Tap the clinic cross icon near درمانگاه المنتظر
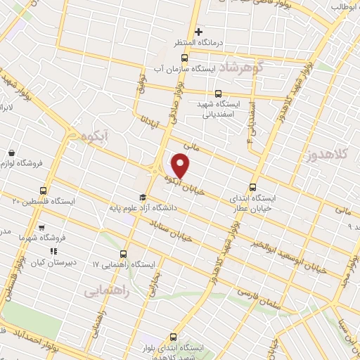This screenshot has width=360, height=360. [199, 32]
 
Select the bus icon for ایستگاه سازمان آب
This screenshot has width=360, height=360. [184, 58]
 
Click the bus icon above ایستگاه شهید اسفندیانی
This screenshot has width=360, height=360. [217, 93]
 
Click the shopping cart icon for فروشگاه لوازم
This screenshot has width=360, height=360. [11, 153]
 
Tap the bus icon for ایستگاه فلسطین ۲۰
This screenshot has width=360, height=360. [44, 190]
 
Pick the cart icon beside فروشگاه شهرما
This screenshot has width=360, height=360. [41, 227]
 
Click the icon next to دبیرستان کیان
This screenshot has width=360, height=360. [53, 250]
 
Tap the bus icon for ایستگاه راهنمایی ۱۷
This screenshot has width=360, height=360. [124, 253]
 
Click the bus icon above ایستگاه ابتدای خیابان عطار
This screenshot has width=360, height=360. [252, 188]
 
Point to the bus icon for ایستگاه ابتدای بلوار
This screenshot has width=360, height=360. [174, 337]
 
